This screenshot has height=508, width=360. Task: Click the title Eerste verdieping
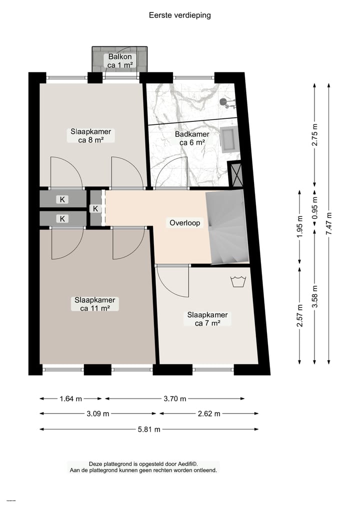pyautogui.click(x=180, y=15)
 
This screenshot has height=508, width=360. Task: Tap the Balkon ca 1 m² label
pyautogui.click(x=120, y=61)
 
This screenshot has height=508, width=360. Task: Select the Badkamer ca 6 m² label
pyautogui.click(x=192, y=138)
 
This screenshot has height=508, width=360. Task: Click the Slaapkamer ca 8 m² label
pyautogui.click(x=90, y=136)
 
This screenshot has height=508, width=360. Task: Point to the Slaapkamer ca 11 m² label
pyautogui.click(x=94, y=304)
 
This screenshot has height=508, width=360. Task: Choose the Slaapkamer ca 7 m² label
pyautogui.click(x=207, y=319)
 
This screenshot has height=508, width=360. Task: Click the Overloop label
pyautogui.click(x=184, y=223)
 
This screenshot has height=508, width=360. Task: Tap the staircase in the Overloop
pyautogui.click(x=227, y=227)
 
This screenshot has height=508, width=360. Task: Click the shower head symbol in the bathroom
pyautogui.click(x=225, y=102)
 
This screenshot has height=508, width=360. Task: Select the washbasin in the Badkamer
pyautogui.click(x=230, y=139)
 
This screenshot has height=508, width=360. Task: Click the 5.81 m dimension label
pyautogui.click(x=150, y=429)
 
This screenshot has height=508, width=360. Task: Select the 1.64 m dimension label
pyautogui.click(x=70, y=399)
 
